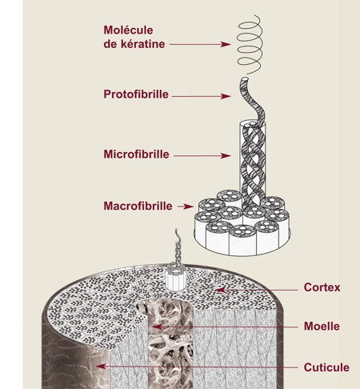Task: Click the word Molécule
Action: click(x=128, y=30)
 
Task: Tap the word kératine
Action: click(x=143, y=44)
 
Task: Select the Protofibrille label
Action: click(x=136, y=94)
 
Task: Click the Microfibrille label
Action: click(x=136, y=154)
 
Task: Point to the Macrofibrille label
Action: click(x=138, y=206)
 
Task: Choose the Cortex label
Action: click(x=322, y=287)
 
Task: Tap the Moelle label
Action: click(x=322, y=326)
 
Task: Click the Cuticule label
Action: click(x=326, y=367)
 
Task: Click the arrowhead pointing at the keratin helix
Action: click(x=226, y=44)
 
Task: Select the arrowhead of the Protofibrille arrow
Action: click(x=226, y=96)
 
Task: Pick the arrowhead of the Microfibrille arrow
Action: click(x=226, y=156)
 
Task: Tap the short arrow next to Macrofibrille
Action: click(x=186, y=207)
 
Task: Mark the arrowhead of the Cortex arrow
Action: click(x=220, y=290)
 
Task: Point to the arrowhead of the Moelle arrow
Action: click(x=158, y=327)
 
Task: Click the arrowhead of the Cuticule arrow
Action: click(x=101, y=367)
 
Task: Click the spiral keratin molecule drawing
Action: click(x=250, y=44)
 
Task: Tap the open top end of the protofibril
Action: click(x=244, y=79)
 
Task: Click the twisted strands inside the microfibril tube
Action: click(x=253, y=166)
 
